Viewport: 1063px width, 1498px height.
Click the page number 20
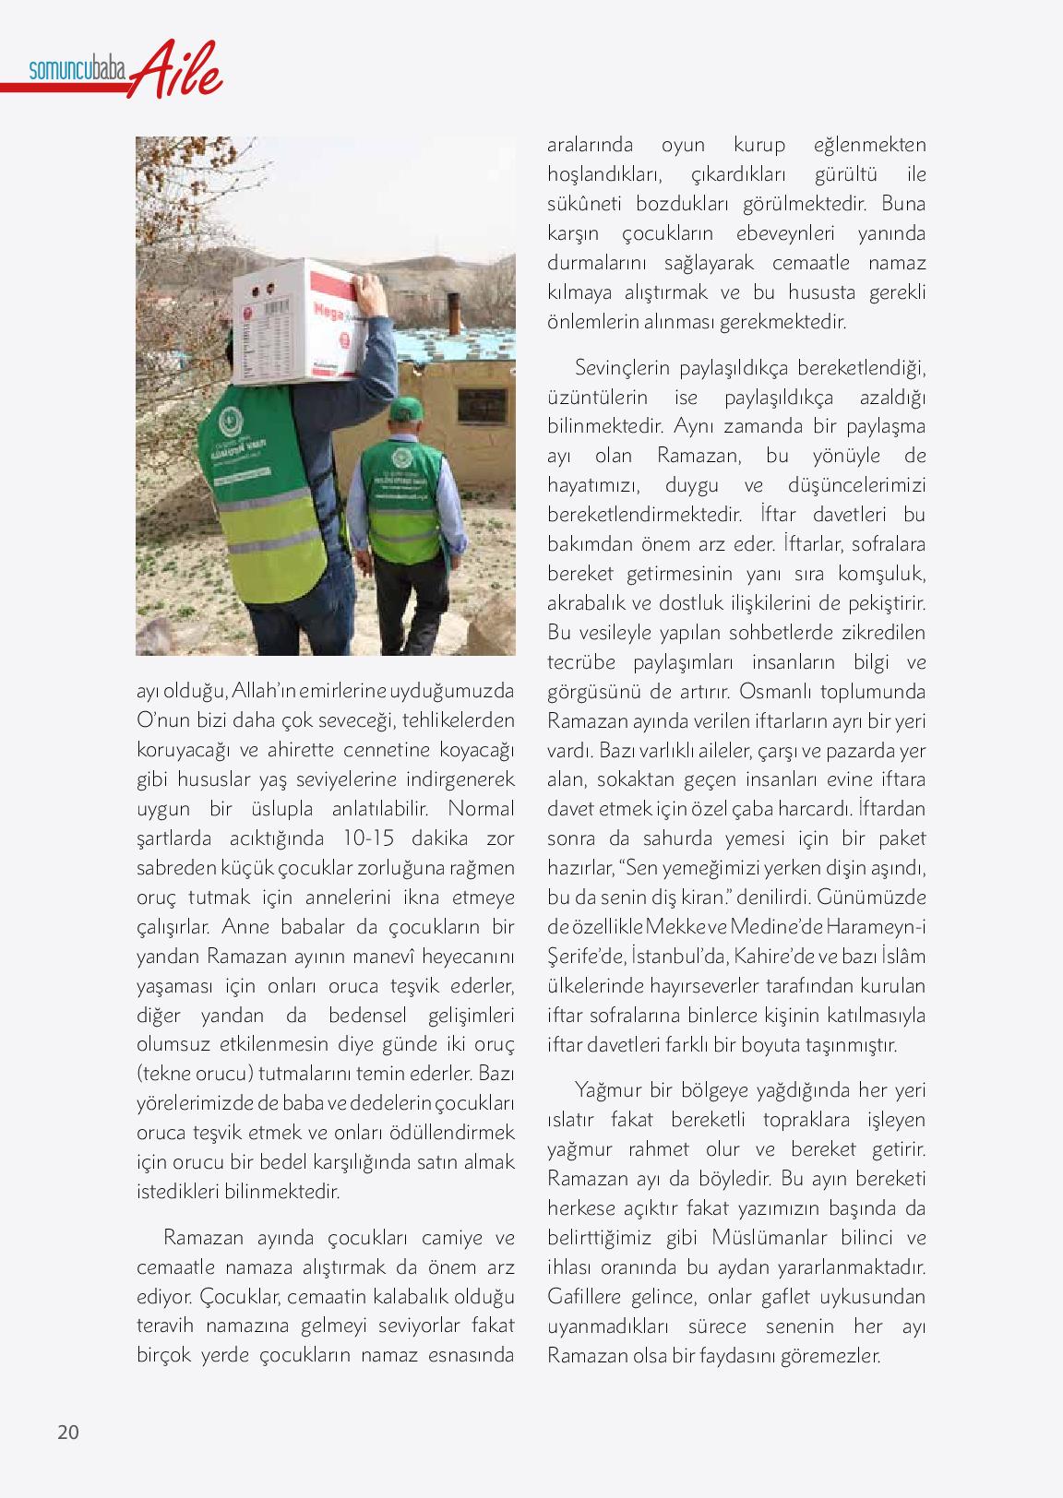click(x=68, y=1433)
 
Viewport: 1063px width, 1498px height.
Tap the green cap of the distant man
click(x=405, y=408)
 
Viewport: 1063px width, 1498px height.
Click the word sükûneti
click(x=591, y=204)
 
